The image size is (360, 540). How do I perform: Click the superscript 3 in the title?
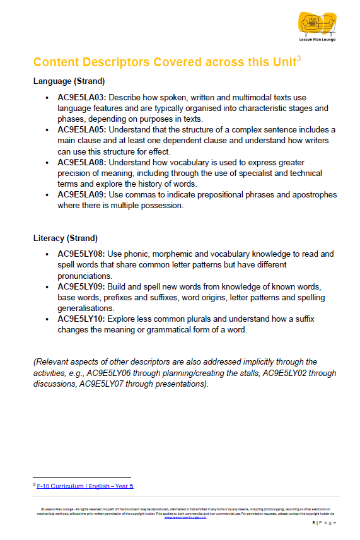pyautogui.click(x=299, y=59)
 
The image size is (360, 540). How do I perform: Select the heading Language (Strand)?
pyautogui.click(x=69, y=81)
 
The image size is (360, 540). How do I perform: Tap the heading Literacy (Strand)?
pyautogui.click(x=66, y=238)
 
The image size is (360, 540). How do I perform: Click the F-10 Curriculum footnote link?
pyautogui.click(x=85, y=486)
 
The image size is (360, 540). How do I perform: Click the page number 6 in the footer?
pyautogui.click(x=313, y=523)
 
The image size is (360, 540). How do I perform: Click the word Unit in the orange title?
pyautogui.click(x=280, y=62)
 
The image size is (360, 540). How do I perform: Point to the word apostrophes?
pyautogui.click(x=308, y=194)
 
